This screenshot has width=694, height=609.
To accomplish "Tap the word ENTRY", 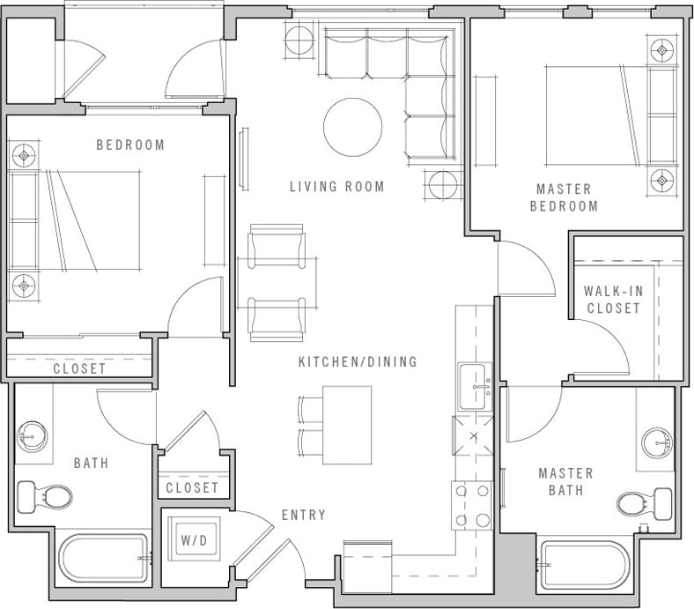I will (304, 515).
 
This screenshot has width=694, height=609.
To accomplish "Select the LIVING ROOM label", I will (337, 187).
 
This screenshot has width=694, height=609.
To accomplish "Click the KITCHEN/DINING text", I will (358, 361).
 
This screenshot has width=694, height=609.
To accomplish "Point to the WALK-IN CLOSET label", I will (612, 300).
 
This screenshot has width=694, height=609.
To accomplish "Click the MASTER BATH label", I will (565, 481).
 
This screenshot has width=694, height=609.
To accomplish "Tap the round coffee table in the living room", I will (352, 127).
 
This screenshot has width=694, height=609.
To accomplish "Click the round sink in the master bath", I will (656, 442).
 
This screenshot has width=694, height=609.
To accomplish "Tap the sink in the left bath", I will (33, 434).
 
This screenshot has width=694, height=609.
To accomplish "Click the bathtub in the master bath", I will (585, 565).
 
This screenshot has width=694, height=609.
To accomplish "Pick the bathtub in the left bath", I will (104, 558).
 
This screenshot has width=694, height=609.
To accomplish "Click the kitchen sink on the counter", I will (475, 386).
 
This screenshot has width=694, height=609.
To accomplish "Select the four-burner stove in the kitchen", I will (473, 506).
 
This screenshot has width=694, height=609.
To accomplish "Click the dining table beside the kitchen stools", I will (347, 425).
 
